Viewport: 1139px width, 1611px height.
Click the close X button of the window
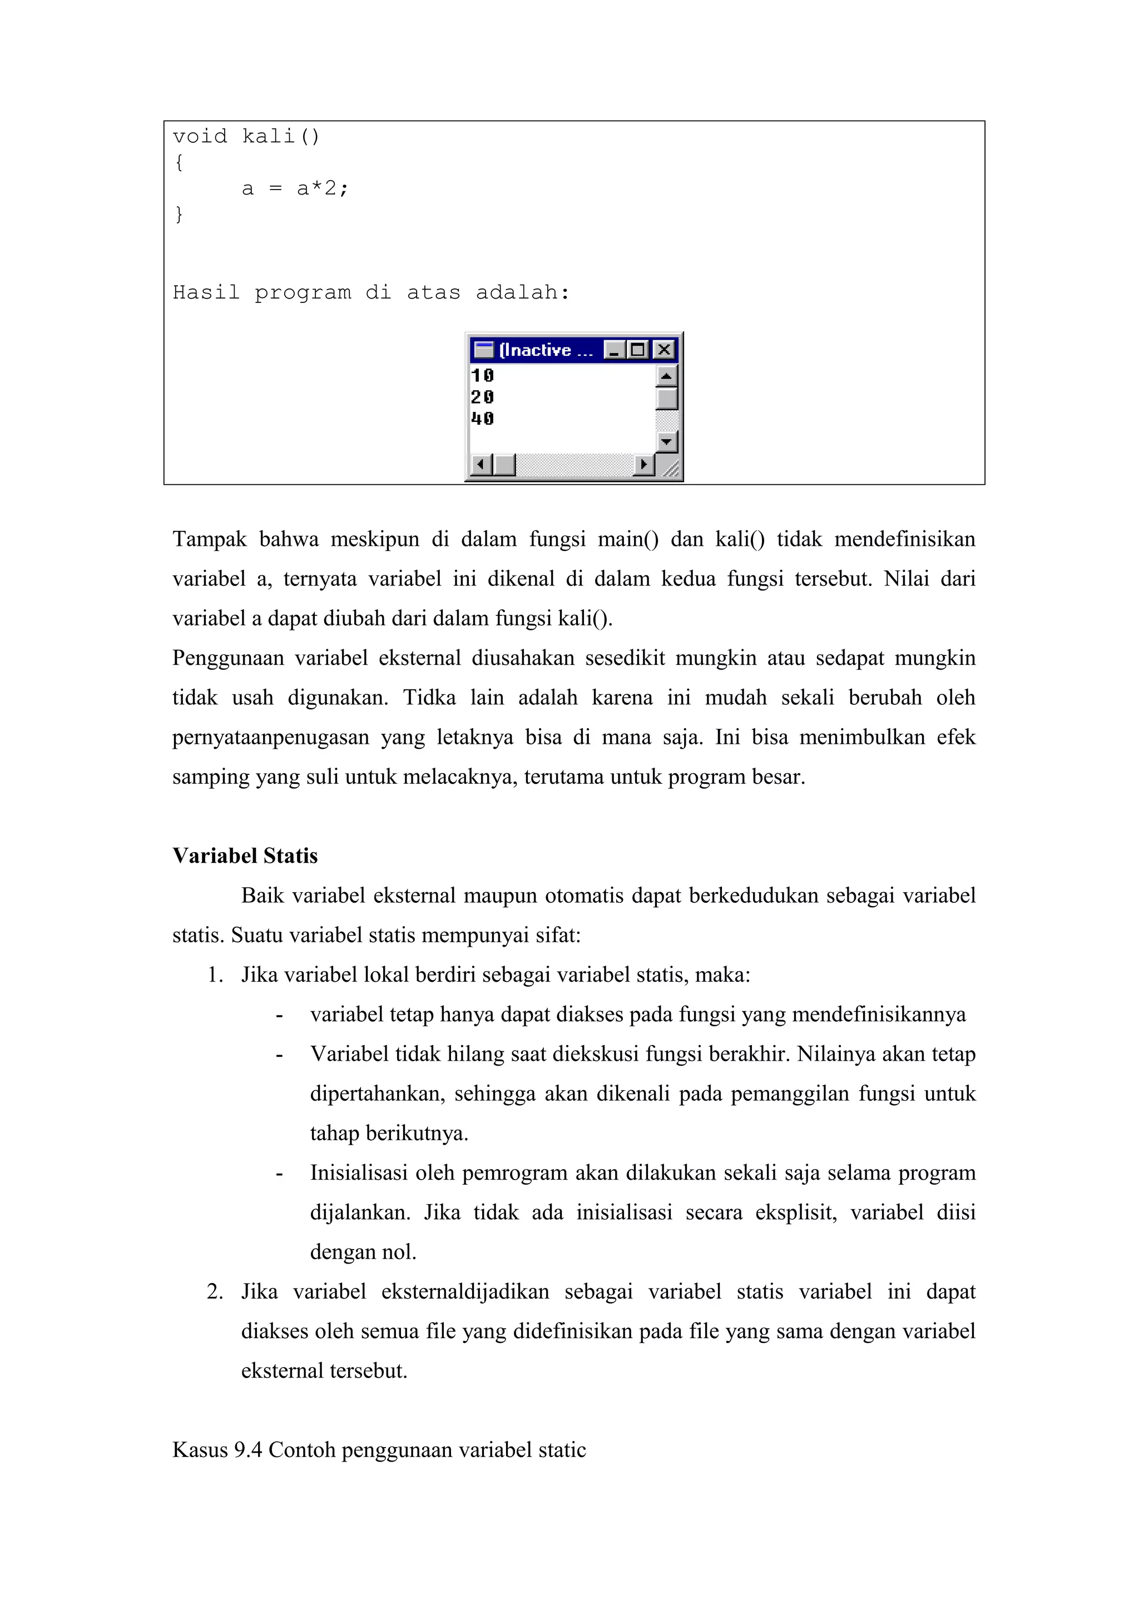click(x=663, y=350)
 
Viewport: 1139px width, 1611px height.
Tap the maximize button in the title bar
click(x=638, y=350)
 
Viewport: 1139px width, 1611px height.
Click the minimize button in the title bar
click(x=614, y=350)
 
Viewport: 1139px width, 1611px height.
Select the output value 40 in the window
click(x=482, y=419)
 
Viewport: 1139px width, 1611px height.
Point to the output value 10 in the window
click(x=482, y=375)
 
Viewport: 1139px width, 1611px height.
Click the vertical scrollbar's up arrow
click(x=666, y=376)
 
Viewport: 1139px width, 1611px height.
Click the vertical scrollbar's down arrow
click(x=666, y=442)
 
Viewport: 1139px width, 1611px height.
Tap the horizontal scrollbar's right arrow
click(x=643, y=465)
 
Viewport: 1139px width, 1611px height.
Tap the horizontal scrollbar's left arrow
click(x=480, y=465)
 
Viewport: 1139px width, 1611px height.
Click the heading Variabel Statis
click(x=245, y=856)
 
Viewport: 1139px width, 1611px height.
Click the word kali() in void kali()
click(x=281, y=136)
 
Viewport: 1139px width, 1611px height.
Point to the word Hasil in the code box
click(x=206, y=292)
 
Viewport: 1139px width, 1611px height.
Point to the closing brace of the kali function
click(x=179, y=214)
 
